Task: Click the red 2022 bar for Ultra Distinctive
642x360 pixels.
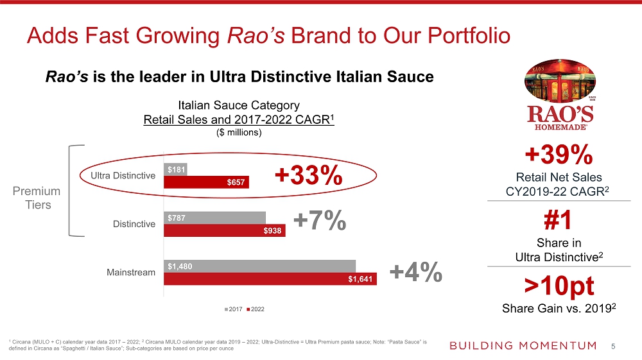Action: (x=206, y=182)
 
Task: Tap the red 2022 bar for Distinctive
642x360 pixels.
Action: (x=224, y=230)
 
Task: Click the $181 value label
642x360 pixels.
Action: (x=176, y=170)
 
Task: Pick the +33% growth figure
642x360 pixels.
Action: (x=308, y=176)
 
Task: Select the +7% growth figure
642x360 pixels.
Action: (x=320, y=221)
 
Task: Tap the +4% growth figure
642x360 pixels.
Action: (x=415, y=272)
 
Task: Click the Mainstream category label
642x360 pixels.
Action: (x=131, y=273)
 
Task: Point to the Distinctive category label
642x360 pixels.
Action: (x=134, y=224)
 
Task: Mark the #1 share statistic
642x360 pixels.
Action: (x=559, y=221)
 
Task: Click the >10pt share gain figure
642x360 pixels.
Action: (x=559, y=284)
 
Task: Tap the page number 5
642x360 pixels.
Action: (x=613, y=347)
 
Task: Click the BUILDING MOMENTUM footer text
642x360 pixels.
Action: (x=523, y=346)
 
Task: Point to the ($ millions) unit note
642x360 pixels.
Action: (x=238, y=133)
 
